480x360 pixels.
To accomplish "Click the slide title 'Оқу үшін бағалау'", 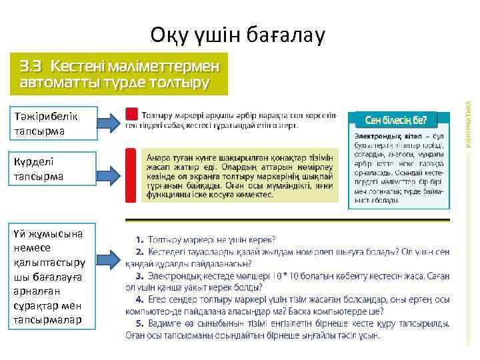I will point(237,34).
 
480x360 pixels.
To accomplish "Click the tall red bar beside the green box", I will point(132,175).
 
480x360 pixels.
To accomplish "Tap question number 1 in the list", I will point(140,239).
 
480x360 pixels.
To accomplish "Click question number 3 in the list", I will point(140,275).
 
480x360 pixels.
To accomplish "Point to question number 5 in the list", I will point(140,323).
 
